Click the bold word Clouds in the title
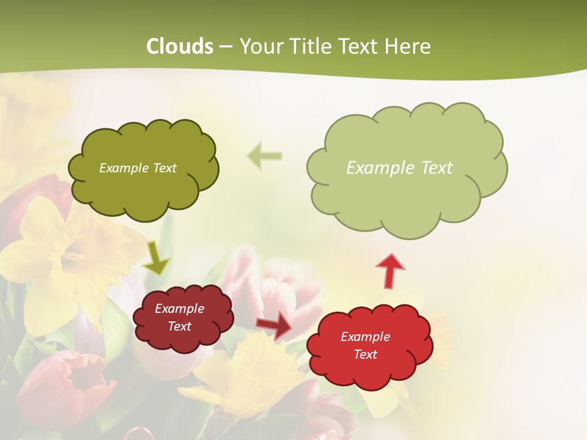pyautogui.click(x=180, y=46)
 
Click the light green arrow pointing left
pyautogui.click(x=265, y=156)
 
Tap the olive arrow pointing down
pyautogui.click(x=157, y=258)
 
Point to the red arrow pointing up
pyautogui.click(x=389, y=269)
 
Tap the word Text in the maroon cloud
pyautogui.click(x=180, y=326)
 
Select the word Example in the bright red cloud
pyautogui.click(x=365, y=337)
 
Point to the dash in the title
pyautogui.click(x=225, y=47)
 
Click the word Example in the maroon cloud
pyautogui.click(x=180, y=309)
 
